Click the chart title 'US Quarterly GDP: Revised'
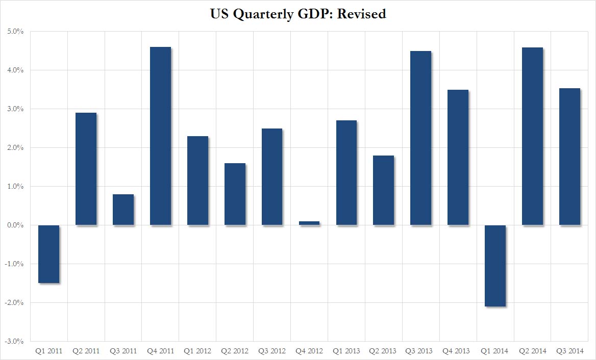point(298,14)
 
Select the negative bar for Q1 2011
point(48,254)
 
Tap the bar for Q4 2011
point(160,136)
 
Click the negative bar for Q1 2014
point(495,266)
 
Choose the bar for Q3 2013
point(420,138)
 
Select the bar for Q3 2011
point(123,210)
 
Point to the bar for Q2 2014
point(532,136)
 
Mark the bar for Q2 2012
point(235,194)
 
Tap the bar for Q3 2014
point(569,157)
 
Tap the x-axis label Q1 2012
point(197,351)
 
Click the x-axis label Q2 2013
point(383,351)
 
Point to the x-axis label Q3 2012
point(272,351)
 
